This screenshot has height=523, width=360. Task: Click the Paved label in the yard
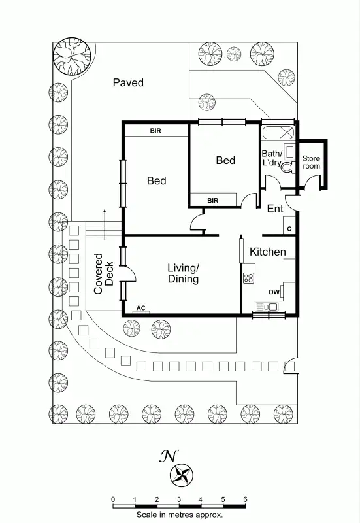point(128,83)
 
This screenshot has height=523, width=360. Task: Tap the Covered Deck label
point(103,273)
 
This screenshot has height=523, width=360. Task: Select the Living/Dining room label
point(183,273)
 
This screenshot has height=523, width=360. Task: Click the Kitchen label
point(268,252)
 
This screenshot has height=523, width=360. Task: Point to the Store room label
point(312,162)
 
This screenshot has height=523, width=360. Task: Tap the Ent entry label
point(275,209)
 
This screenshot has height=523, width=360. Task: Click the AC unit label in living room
point(141,307)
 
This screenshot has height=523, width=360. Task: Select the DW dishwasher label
point(274,292)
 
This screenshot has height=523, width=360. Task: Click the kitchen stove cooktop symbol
point(249,278)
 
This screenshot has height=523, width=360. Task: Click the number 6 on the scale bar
point(245,500)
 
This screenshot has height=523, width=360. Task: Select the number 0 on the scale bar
point(113,500)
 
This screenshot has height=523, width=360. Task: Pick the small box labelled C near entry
point(288,228)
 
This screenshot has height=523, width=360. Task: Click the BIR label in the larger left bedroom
point(155,131)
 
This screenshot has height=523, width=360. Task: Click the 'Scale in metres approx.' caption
point(180,515)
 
